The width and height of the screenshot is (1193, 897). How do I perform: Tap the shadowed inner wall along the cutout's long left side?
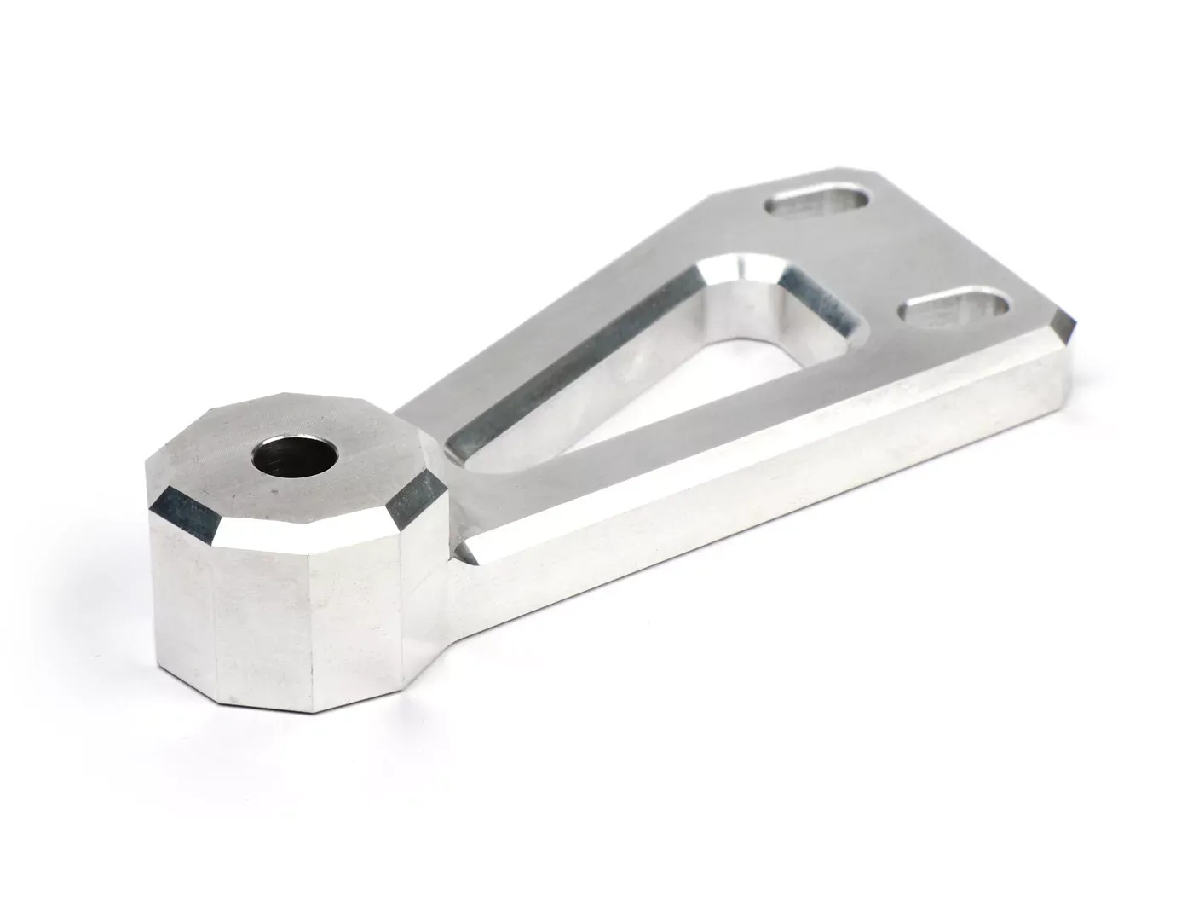pos(579,375)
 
